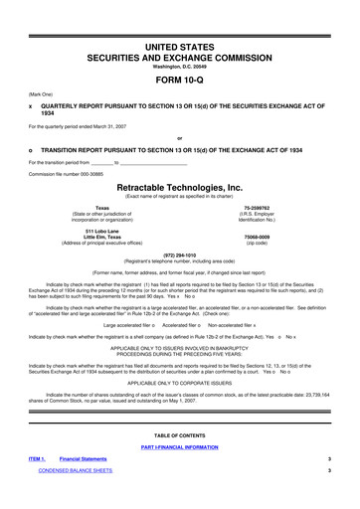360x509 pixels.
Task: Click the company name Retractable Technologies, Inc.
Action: coord(179,186)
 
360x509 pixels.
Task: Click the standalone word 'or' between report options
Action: coord(179,136)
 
